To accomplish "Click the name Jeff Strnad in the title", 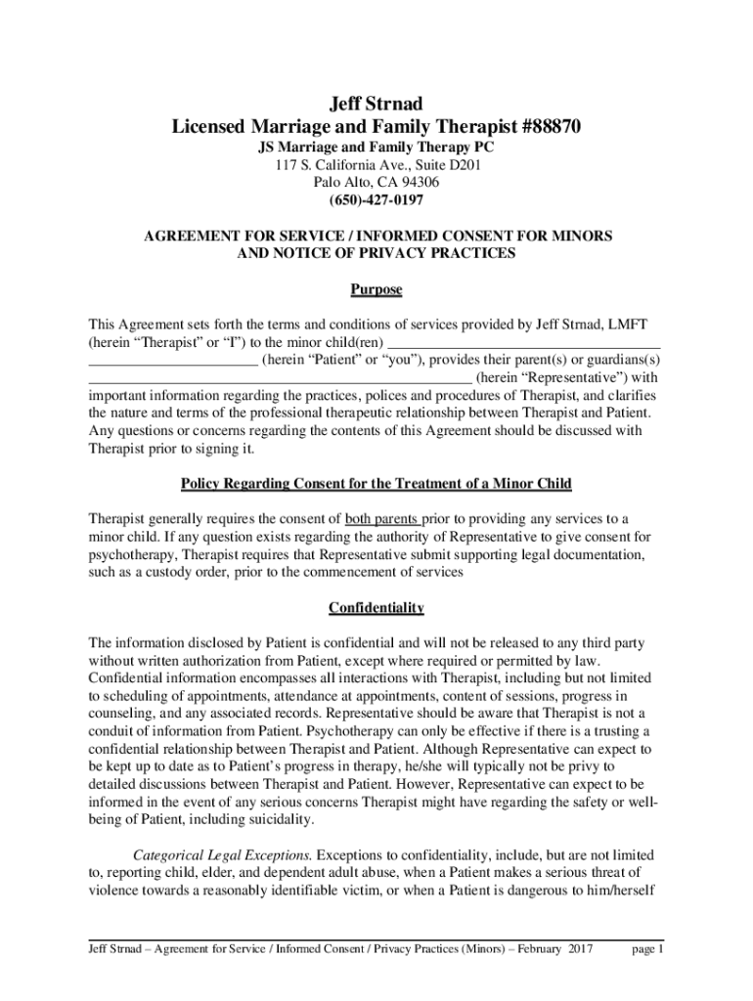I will pyautogui.click(x=376, y=104).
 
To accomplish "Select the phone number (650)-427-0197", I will pyautogui.click(x=376, y=200).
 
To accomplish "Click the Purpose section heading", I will pyautogui.click(x=376, y=290).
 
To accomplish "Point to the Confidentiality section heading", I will pyautogui.click(x=376, y=608).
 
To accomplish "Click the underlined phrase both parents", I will pyautogui.click(x=382, y=518).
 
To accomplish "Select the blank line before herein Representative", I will pyautogui.click(x=280, y=377).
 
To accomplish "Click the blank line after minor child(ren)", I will pyautogui.click(x=523, y=342).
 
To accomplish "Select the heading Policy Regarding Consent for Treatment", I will pyautogui.click(x=376, y=484).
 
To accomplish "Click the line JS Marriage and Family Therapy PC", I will pyautogui.click(x=376, y=147).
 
